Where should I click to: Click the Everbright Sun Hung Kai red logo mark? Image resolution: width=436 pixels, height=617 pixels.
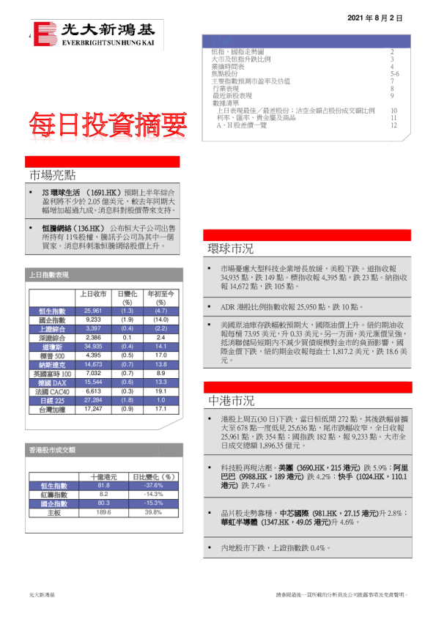45,34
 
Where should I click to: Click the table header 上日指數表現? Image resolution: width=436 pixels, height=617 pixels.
48,275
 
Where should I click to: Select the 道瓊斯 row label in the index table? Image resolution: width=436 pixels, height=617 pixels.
53,347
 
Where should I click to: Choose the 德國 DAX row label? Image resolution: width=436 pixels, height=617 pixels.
53,383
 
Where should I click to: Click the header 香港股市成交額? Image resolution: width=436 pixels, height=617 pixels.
51,450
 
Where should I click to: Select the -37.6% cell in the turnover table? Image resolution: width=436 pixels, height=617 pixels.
153,485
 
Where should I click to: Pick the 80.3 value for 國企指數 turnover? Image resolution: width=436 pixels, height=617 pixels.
103,503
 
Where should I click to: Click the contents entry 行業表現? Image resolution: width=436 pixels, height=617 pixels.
223,88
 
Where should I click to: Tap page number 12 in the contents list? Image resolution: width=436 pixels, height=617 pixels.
393,125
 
